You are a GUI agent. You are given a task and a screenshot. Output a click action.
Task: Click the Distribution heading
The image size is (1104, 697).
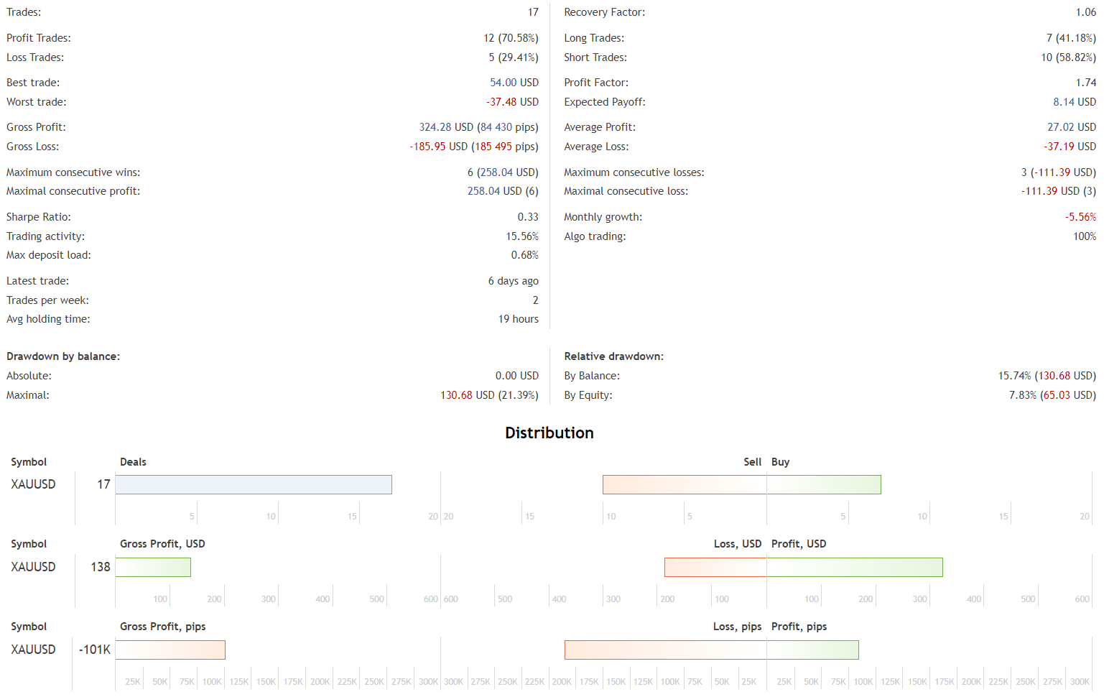tap(549, 433)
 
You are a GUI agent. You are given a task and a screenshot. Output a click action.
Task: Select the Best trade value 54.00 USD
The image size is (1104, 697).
tap(514, 83)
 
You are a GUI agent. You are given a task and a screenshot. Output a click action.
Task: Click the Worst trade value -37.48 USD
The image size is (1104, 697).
tap(511, 102)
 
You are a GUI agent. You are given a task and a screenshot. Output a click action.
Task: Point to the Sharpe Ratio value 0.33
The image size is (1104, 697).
tap(527, 217)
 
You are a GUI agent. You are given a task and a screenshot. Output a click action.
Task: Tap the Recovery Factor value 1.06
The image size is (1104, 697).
tap(1085, 12)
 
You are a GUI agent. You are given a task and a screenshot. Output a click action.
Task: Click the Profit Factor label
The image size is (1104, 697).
tap(595, 83)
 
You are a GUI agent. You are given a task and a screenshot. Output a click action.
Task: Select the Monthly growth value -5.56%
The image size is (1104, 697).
tap(1080, 217)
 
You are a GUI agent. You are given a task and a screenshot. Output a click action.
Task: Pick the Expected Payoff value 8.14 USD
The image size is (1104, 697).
tap(1074, 102)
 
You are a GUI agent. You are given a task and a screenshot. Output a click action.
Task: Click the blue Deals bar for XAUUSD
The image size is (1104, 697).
tap(254, 484)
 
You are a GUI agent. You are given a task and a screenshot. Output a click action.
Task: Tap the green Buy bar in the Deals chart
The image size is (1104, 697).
tap(823, 484)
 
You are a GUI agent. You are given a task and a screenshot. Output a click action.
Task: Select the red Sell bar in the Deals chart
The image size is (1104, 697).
tap(685, 484)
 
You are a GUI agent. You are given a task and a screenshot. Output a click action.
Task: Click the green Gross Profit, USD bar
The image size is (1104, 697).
tap(153, 567)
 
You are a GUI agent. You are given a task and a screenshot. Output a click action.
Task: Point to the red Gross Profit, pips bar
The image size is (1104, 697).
tap(170, 650)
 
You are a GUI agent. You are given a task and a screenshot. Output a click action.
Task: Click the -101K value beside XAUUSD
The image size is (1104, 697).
tap(95, 650)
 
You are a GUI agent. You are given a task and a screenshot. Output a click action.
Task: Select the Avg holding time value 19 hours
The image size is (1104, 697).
tap(518, 319)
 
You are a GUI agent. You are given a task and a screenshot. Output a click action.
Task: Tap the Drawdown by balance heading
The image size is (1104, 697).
tap(63, 356)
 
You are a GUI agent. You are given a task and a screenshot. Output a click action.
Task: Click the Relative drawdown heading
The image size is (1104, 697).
tap(613, 356)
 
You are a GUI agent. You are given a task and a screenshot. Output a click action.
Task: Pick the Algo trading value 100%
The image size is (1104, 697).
tap(1084, 236)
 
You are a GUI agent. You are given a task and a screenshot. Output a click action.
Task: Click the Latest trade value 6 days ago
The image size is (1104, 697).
tap(513, 281)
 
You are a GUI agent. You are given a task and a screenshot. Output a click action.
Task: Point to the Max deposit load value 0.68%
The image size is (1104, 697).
tap(524, 255)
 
